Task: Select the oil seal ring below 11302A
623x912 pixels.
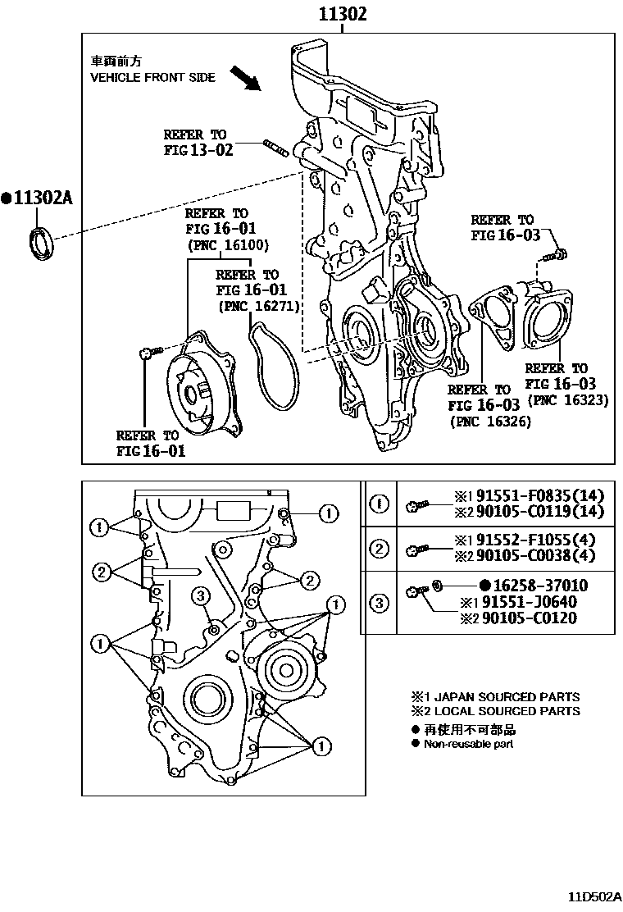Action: coord(40,243)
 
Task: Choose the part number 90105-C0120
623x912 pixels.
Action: coord(529,618)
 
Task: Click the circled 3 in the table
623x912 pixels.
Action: coord(379,604)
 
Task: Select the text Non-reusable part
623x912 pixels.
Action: coord(468,744)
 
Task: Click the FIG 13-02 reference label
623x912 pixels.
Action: coord(198,149)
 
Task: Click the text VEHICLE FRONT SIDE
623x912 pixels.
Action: coord(152,77)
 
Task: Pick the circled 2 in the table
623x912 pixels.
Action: coord(379,547)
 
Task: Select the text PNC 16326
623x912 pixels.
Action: coord(490,422)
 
